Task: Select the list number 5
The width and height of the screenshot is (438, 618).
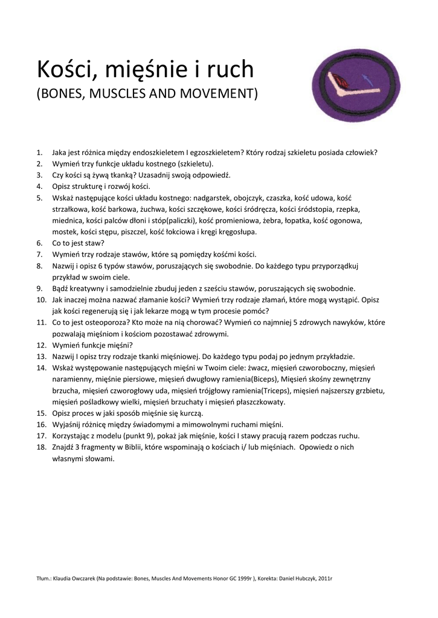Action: (x=39, y=198)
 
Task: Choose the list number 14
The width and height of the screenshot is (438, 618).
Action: (x=41, y=368)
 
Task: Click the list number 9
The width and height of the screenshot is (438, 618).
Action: (x=39, y=288)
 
